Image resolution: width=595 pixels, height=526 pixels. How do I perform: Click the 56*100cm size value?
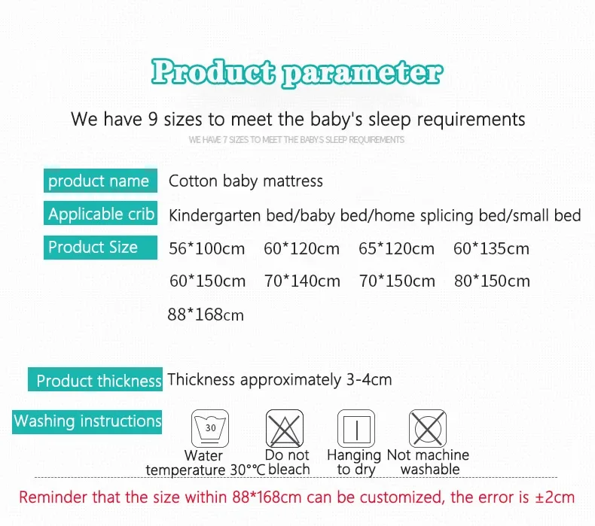pos(207,249)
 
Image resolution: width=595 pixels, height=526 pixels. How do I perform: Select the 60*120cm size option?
pos(302,249)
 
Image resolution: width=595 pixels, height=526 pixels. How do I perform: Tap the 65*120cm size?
pos(396,249)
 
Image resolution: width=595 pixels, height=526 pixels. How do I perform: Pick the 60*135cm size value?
pos(491,249)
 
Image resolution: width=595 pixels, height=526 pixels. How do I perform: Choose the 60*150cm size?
pos(208,281)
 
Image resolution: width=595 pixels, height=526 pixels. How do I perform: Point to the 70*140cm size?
pos(303,281)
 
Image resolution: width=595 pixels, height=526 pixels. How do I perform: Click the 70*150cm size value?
pos(398,281)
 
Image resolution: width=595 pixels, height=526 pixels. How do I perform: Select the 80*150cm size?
pos(492,281)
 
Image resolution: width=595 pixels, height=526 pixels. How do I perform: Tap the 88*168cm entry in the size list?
pos(206,315)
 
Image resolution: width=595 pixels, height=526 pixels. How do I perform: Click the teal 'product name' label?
pos(100,181)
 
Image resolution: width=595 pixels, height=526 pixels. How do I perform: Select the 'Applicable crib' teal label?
pos(100,213)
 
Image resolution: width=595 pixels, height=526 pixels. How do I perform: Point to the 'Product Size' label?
pos(100,248)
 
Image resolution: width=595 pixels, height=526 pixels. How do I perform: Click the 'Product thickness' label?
pos(95,379)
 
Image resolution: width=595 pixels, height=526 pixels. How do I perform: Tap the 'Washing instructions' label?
pos(87,421)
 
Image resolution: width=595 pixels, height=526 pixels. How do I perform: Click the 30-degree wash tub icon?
pos(210,428)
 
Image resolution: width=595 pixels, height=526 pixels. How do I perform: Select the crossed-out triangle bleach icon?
pos(285,428)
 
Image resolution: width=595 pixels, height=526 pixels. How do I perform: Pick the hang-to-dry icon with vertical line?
pos(356,428)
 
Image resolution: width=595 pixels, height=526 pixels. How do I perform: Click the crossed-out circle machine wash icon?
pos(428,428)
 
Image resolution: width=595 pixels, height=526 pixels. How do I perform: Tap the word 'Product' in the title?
pos(213,71)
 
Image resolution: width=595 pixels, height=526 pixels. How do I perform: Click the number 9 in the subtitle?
pos(153,119)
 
